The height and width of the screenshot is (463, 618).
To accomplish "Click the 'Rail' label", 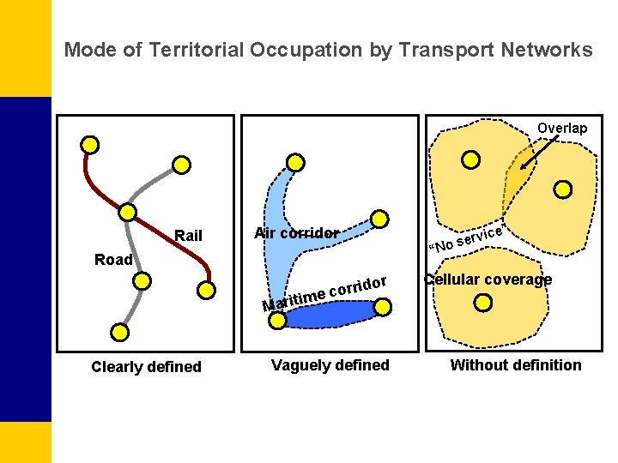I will [x=188, y=236].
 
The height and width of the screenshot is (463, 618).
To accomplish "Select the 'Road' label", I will [x=113, y=260].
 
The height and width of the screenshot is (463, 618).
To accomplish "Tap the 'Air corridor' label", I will [x=296, y=233].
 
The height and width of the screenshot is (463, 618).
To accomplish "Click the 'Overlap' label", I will [x=562, y=129].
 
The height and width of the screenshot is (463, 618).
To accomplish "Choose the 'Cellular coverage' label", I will [x=488, y=280].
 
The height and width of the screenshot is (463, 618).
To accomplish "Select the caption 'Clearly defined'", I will [x=146, y=367].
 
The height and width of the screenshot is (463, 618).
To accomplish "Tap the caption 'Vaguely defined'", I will [x=330, y=365].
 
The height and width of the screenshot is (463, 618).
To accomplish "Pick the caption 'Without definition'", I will [x=516, y=365].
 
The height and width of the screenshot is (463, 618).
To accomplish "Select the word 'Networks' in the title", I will [x=549, y=50].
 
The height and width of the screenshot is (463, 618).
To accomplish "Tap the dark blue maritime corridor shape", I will [x=330, y=316].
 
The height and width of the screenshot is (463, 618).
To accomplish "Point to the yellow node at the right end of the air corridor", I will [x=379, y=219].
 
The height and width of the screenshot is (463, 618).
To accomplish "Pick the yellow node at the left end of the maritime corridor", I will [x=277, y=320].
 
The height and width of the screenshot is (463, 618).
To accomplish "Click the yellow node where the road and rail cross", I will [x=127, y=212].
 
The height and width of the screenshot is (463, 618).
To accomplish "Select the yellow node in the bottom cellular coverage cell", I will [x=483, y=302].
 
